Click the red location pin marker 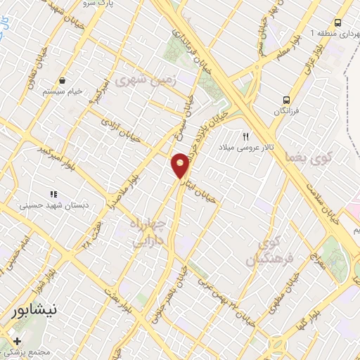click(181, 165)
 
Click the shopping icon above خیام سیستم click(63, 80)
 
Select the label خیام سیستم click(63, 91)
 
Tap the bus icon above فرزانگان click(286, 100)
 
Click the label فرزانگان click(286, 112)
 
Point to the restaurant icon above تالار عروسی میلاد click(246, 136)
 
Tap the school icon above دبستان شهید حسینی click(52, 194)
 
